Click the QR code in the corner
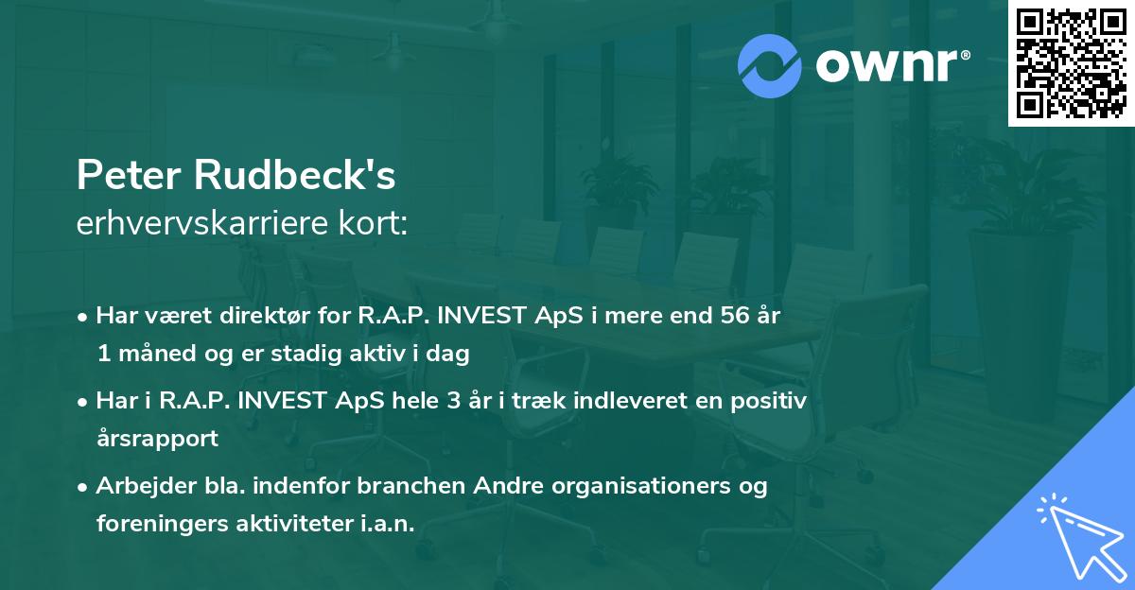pyautogui.click(x=1071, y=63)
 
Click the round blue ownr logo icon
pyautogui.click(x=770, y=63)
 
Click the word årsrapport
pyautogui.click(x=157, y=439)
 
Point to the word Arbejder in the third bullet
pyautogui.click(x=141, y=486)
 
